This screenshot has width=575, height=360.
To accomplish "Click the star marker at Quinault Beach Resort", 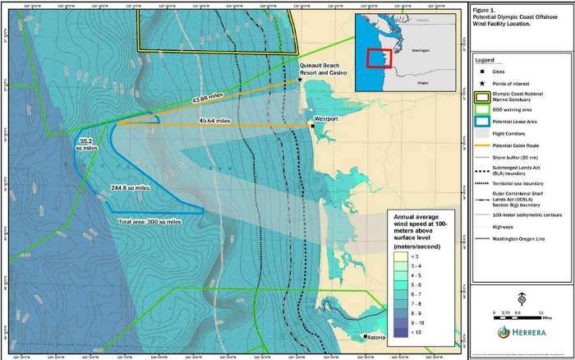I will [299, 80].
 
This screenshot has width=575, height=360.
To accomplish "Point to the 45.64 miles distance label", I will [214, 121].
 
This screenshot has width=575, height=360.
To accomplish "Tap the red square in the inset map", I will [379, 58].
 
